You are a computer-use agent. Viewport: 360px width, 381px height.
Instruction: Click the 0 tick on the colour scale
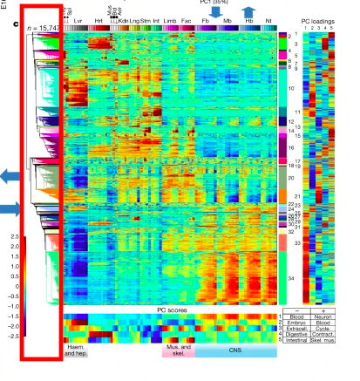click(15, 285)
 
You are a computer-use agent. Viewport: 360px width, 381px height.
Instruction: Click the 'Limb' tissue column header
click(170, 18)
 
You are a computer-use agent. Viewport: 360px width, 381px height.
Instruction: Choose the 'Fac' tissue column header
click(187, 18)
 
